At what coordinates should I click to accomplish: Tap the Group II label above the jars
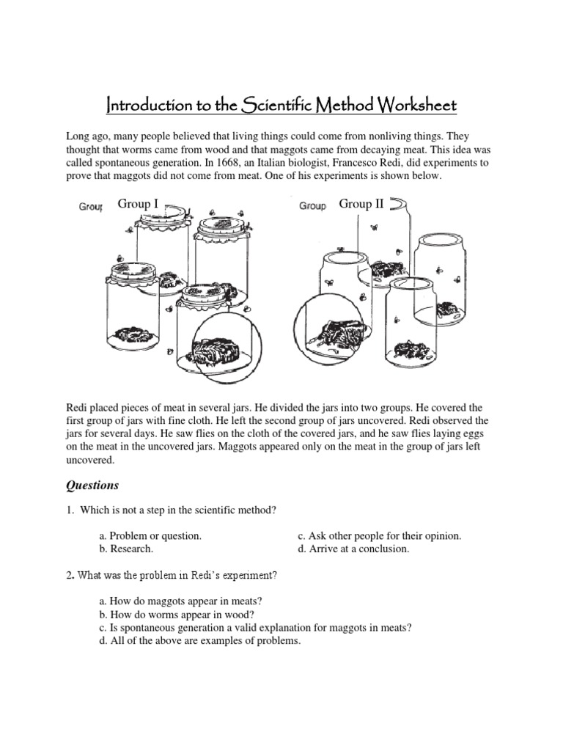pyautogui.click(x=361, y=204)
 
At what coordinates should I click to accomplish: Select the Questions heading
pyautogui.click(x=92, y=486)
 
